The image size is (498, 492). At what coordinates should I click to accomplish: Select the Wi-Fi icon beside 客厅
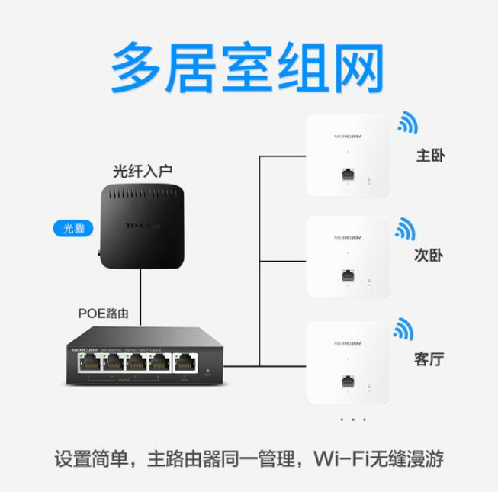pyautogui.click(x=406, y=328)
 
